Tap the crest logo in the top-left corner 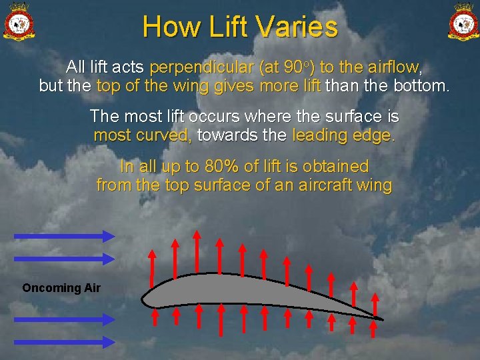19,21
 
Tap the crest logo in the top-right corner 463,21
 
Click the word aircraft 313,185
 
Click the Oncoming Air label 61,288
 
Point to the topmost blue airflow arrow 64,235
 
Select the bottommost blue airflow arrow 64,341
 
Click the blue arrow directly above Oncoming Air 64,258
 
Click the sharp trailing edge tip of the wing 382,319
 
